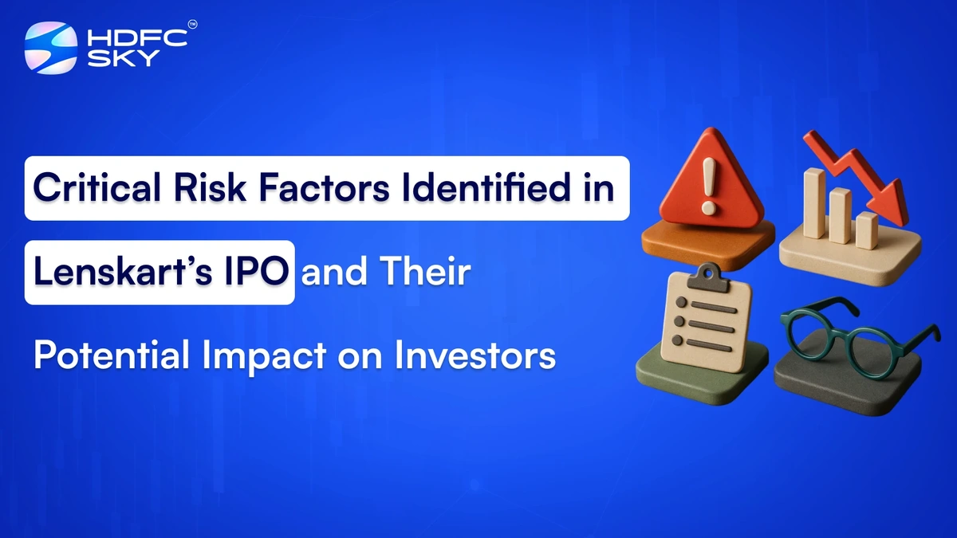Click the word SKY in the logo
112,57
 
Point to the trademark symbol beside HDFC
191,26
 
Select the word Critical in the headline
89,189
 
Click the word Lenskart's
114,272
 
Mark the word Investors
476,355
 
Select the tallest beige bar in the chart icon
814,203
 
